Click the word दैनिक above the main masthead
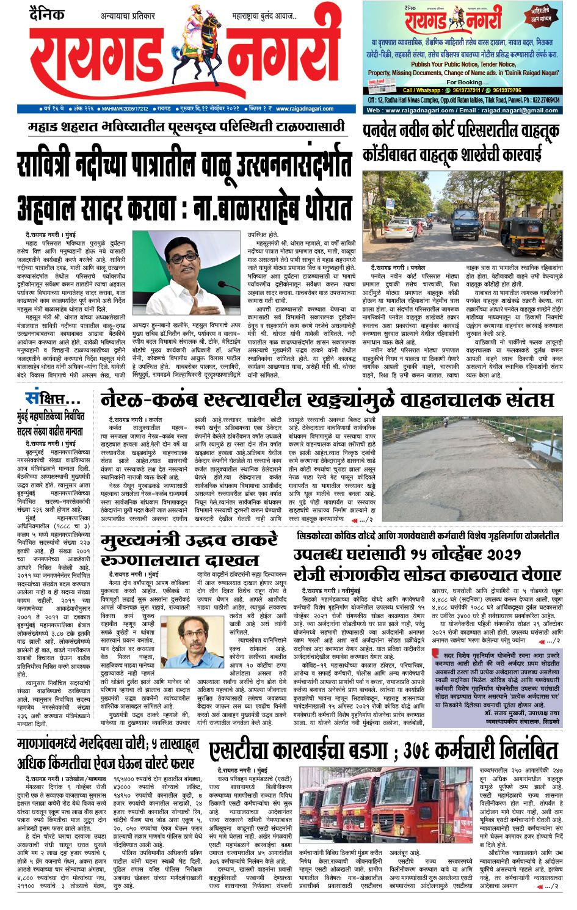[x=46, y=13]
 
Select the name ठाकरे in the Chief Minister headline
[x=244, y=541]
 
